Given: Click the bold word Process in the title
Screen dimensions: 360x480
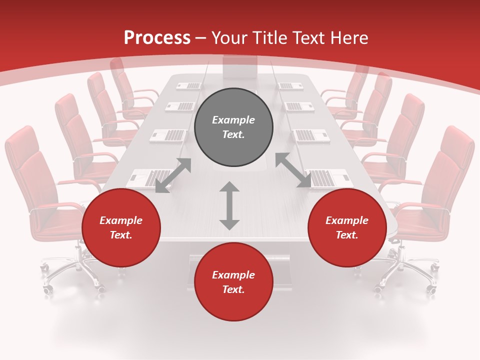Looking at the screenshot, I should tap(157, 37).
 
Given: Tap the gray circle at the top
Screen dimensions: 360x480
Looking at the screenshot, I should tap(233, 127).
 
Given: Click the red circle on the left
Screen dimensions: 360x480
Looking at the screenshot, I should tap(121, 227).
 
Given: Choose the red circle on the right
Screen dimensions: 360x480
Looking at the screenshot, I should tap(347, 227).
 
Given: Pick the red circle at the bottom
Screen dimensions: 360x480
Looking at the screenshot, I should tap(233, 282).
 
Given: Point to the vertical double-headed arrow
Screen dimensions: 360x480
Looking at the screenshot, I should tap(229, 205).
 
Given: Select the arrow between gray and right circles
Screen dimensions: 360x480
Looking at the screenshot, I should tap(293, 170).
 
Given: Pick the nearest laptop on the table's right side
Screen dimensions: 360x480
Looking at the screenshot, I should tap(327, 177).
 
